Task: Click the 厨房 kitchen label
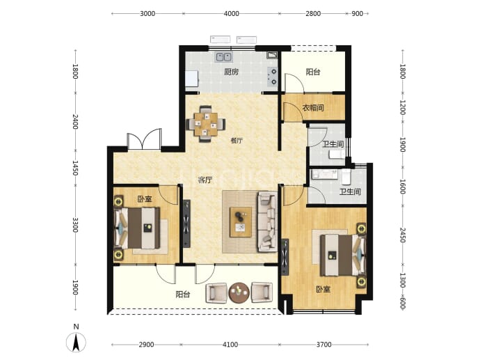pyautogui.click(x=231, y=72)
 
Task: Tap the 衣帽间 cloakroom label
pyautogui.click(x=313, y=107)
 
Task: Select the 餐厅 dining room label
pyautogui.click(x=237, y=141)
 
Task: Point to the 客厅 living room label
pyautogui.click(x=205, y=180)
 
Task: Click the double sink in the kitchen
pyautogui.click(x=224, y=57)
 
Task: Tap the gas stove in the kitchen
pyautogui.click(x=273, y=77)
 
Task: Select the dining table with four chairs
pyautogui.click(x=206, y=124)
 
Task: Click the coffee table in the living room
pyautogui.click(x=241, y=222)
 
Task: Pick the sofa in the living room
pyautogui.click(x=267, y=221)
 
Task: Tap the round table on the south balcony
pyautogui.click(x=239, y=292)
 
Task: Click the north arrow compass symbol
pyautogui.click(x=76, y=342)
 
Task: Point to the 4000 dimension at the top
pyautogui.click(x=231, y=13)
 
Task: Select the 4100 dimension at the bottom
pyautogui.click(x=230, y=345)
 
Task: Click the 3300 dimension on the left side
pyautogui.click(x=75, y=225)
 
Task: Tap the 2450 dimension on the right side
pyautogui.click(x=403, y=235)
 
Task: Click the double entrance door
pyautogui.click(x=144, y=139)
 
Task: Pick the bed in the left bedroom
pyautogui.click(x=137, y=228)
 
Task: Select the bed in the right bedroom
pyautogui.click(x=343, y=255)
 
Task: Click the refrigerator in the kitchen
pyautogui.click(x=192, y=79)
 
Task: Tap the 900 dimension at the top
pyautogui.click(x=358, y=13)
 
